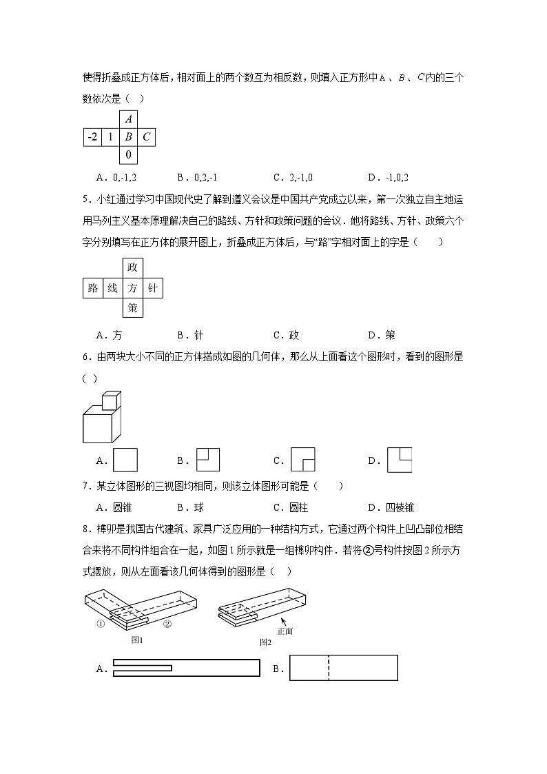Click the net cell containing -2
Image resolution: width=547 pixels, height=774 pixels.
click(92, 137)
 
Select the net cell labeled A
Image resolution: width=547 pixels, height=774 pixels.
click(128, 119)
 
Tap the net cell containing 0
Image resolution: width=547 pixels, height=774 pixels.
click(128, 155)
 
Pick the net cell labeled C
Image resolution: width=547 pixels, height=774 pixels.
click(146, 137)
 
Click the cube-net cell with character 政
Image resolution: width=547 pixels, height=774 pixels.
click(133, 268)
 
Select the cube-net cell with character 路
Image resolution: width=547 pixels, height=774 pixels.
click(93, 288)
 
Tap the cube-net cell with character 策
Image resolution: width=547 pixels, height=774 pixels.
click(133, 307)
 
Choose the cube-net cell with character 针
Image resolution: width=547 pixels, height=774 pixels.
click(153, 288)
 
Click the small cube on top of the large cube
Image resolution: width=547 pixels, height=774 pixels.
click(111, 400)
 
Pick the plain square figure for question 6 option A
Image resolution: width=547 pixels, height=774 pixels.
click(125, 460)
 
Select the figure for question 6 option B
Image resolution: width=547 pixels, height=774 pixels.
click(207, 460)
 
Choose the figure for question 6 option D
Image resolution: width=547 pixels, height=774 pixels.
click(399, 460)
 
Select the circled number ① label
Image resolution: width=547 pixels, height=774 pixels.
click(101, 625)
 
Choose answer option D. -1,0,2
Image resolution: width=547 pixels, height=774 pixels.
click(393, 177)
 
